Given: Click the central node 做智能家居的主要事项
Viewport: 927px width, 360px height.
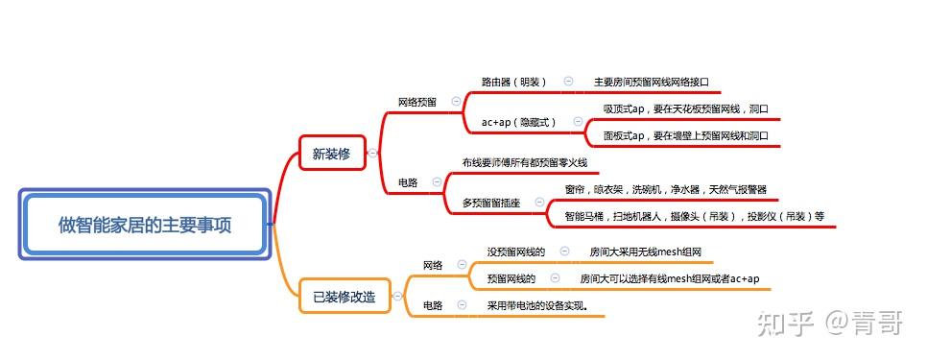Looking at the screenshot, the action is click(x=145, y=226).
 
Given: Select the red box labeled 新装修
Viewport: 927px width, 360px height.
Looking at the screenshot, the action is click(x=331, y=153).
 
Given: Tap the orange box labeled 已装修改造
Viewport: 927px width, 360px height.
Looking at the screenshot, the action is click(x=344, y=298).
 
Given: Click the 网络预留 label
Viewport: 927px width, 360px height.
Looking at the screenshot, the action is click(x=417, y=102).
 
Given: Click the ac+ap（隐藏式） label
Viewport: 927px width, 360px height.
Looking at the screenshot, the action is click(x=519, y=122).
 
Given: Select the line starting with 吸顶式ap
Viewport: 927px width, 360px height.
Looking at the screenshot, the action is click(x=686, y=109).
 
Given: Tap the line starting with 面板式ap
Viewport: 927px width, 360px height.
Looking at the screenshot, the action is click(x=686, y=136).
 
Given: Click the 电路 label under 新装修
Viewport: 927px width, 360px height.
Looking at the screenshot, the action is click(x=408, y=182).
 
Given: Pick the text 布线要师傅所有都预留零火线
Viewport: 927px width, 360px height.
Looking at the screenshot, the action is click(x=524, y=163).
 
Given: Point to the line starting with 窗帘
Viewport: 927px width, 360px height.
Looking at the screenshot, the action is click(x=665, y=190).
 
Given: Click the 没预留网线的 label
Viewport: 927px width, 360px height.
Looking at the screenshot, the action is click(x=515, y=252).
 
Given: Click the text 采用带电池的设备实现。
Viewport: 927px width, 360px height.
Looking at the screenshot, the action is click(x=537, y=306).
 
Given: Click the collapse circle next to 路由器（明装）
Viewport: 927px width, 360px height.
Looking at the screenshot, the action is click(x=568, y=83).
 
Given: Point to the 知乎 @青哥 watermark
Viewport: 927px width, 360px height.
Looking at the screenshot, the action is click(x=829, y=324).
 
